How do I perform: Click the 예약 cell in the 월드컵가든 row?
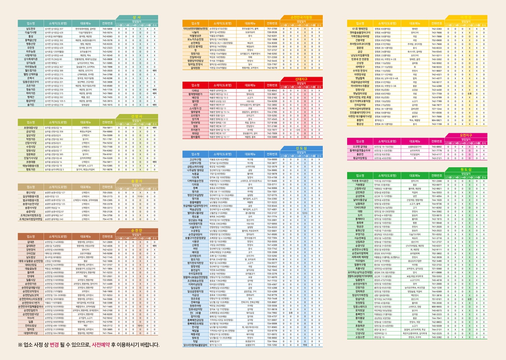[x=155, y=59]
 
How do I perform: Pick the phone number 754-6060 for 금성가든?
[x=107, y=131]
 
